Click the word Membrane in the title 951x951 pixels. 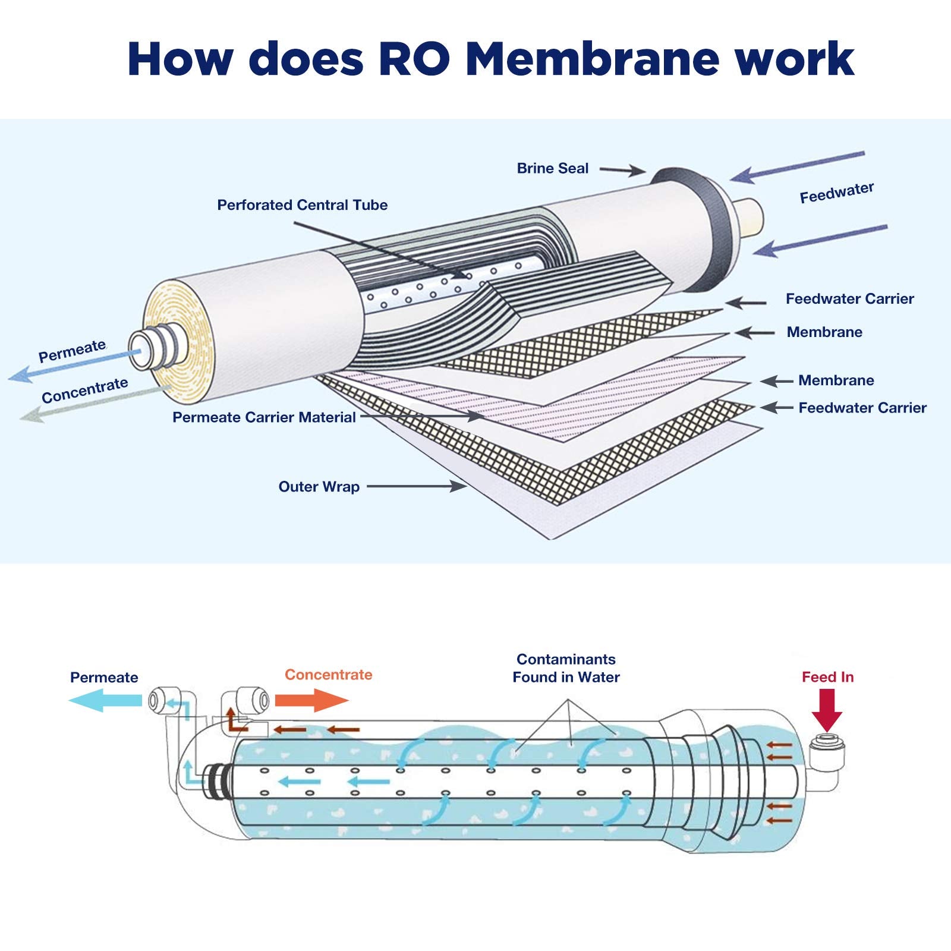tap(591, 59)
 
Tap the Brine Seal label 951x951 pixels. tap(552, 169)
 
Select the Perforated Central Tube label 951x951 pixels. tap(302, 205)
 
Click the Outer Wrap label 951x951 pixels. tap(319, 487)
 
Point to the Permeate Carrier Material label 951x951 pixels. tap(264, 417)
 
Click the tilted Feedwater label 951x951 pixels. tap(836, 193)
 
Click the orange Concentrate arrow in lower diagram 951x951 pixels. tap(311, 700)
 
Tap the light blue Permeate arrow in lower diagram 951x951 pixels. tap(106, 701)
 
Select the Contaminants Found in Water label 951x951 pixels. tap(566, 668)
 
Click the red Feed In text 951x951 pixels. tap(827, 677)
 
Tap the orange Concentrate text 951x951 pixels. tap(328, 675)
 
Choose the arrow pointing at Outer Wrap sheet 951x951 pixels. tap(416, 486)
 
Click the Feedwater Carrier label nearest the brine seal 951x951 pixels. tap(849, 299)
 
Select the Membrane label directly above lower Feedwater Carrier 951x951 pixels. tap(836, 380)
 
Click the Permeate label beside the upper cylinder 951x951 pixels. tap(72, 351)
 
